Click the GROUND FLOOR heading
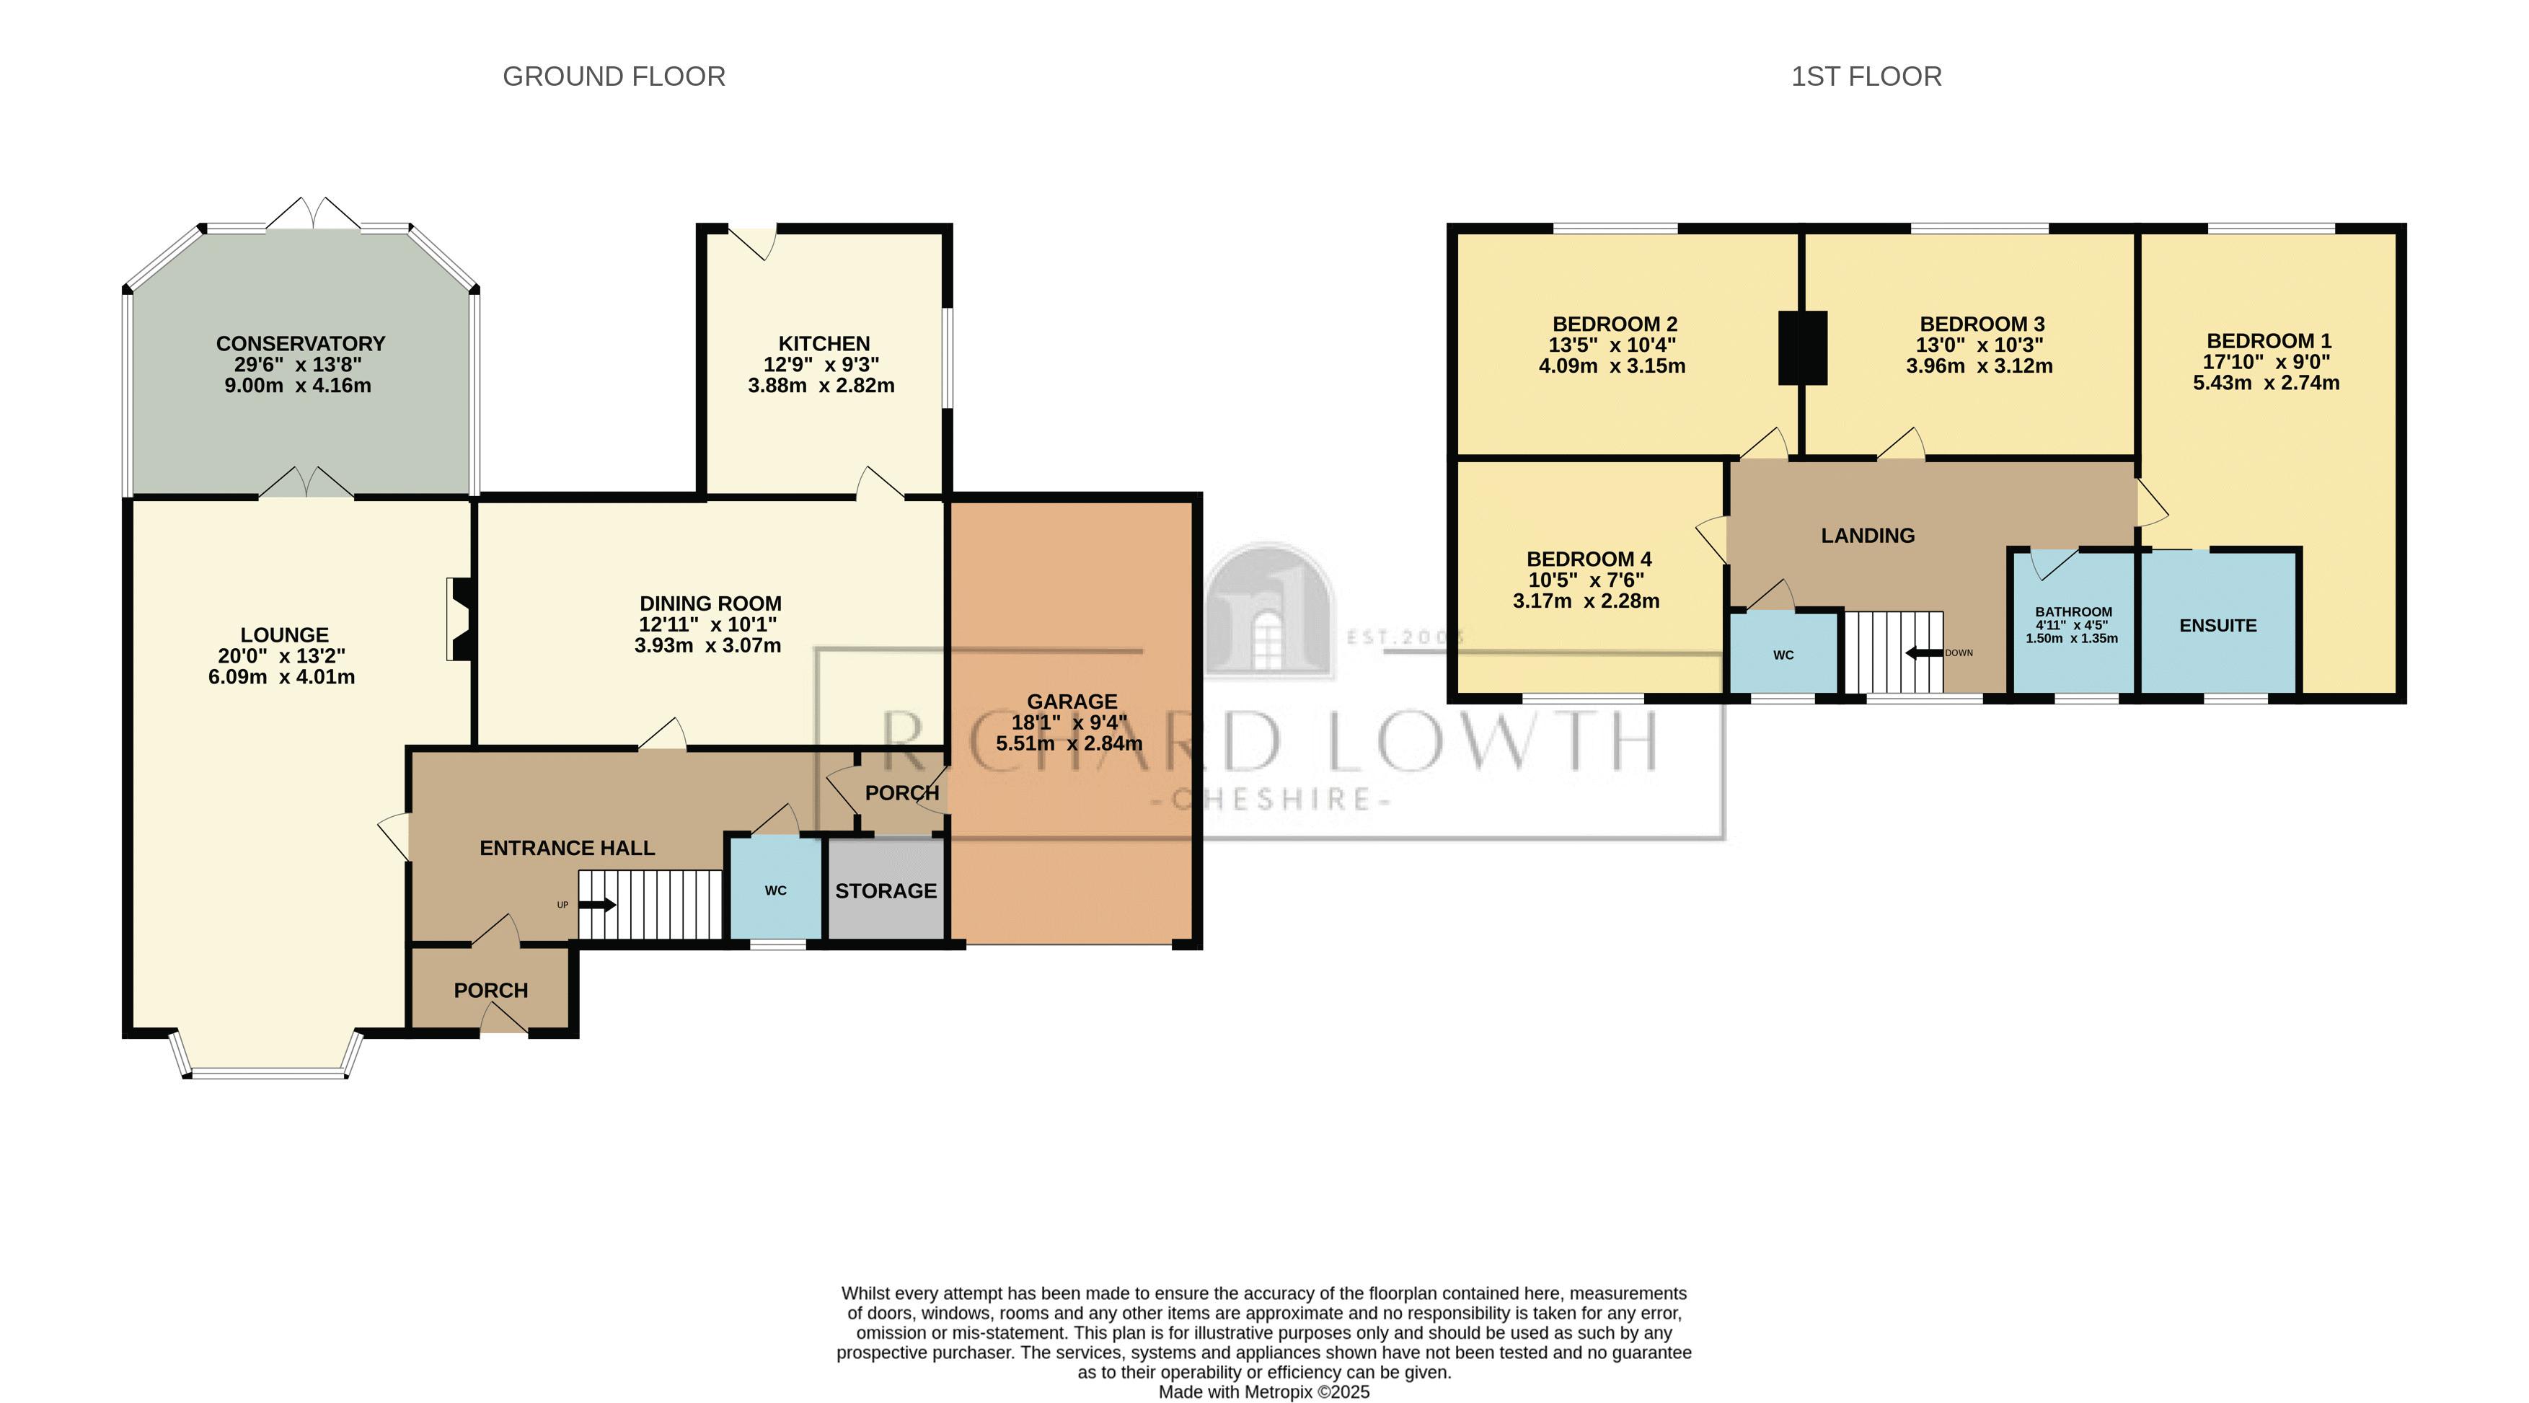[614, 76]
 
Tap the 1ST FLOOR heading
[1866, 76]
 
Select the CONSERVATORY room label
[301, 344]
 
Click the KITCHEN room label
[824, 344]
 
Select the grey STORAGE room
[886, 890]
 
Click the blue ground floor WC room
[774, 890]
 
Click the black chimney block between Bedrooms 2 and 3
[1803, 348]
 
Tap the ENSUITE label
[2217, 625]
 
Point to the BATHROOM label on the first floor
[2073, 611]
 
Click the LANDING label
[1867, 535]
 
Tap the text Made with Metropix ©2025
[1263, 1391]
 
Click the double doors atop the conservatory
[313, 214]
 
